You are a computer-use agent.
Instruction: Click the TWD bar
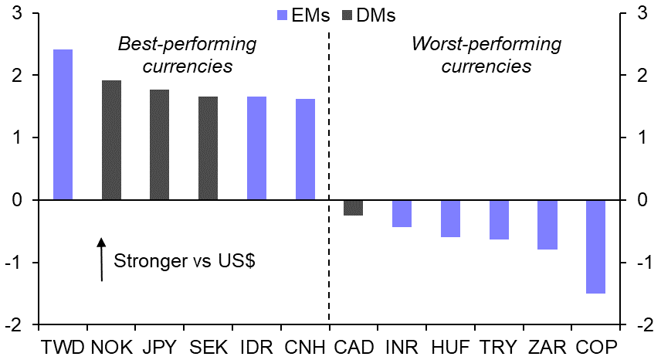63,124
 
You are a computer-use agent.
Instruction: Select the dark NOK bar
111,140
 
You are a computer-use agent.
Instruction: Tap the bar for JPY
160,144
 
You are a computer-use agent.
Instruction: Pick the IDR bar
256,148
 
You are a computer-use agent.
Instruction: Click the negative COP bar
595,246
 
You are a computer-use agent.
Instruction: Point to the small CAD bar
353,207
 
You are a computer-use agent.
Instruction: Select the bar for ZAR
547,225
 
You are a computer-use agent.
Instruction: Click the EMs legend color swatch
281,15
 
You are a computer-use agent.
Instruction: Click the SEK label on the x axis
208,346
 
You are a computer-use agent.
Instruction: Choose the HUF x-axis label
450,346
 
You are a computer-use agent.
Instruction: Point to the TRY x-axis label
499,346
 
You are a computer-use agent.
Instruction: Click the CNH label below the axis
304,346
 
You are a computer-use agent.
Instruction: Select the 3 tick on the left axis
16,13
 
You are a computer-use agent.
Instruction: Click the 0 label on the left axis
16,200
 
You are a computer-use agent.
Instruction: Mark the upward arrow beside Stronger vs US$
101,260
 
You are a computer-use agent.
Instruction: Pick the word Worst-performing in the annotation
486,45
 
